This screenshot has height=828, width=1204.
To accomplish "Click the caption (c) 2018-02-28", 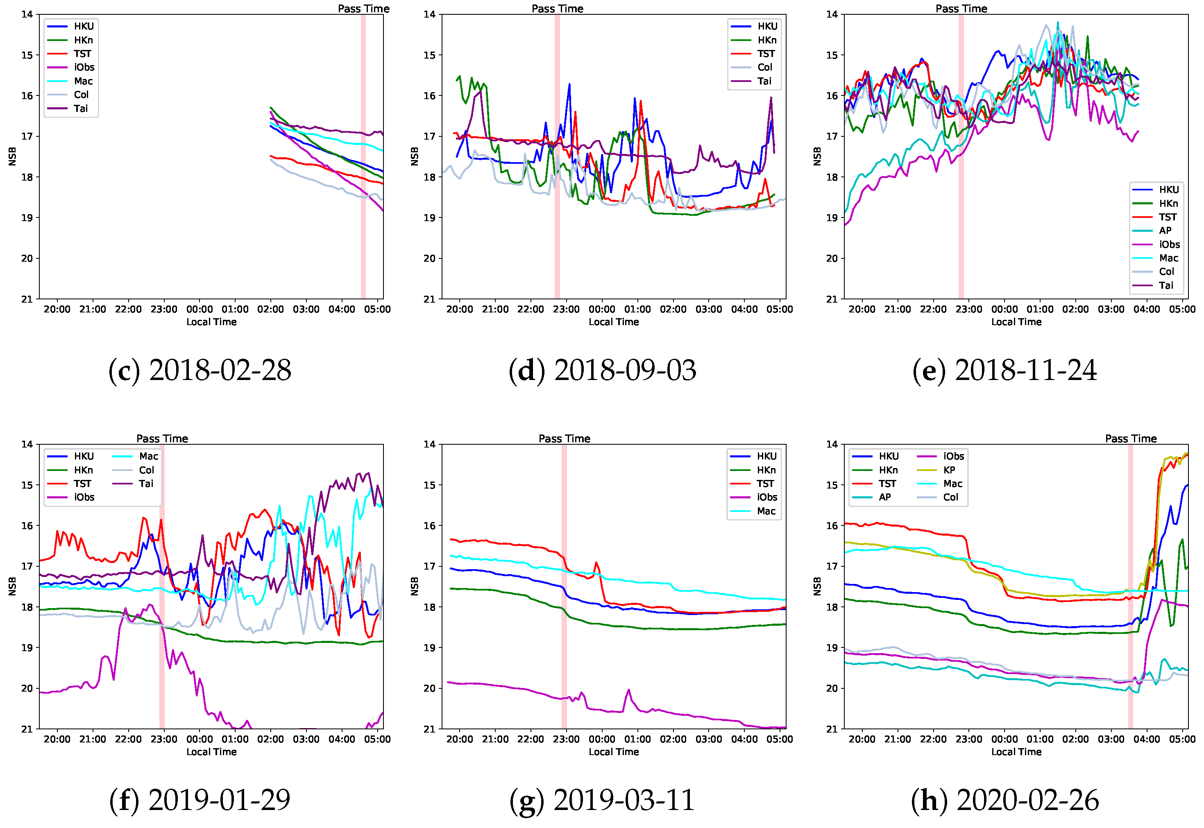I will (x=200, y=371).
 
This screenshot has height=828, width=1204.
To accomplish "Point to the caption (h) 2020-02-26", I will (x=1005, y=800).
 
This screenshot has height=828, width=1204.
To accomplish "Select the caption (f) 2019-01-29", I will (x=200, y=800).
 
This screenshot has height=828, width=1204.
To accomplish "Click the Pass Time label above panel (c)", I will (x=363, y=8).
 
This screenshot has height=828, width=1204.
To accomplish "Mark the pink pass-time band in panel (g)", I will (x=564, y=586).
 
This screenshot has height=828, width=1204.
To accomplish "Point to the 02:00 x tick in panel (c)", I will (x=270, y=309).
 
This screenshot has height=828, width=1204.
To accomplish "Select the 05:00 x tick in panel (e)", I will (x=1182, y=309).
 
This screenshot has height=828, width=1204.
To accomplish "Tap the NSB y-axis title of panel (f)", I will (x=12, y=586).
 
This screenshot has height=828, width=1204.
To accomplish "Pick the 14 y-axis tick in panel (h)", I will (x=832, y=444).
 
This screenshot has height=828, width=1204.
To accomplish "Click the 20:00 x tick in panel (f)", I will (x=57, y=739).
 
